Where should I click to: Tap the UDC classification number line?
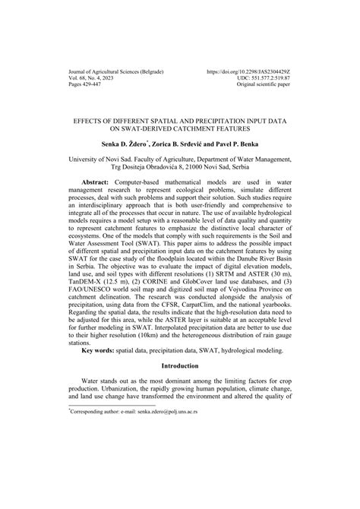point(263,77)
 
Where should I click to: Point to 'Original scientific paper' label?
point(258,84)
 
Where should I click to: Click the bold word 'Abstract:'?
point(98,183)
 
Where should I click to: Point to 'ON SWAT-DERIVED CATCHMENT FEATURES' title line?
point(180,128)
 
